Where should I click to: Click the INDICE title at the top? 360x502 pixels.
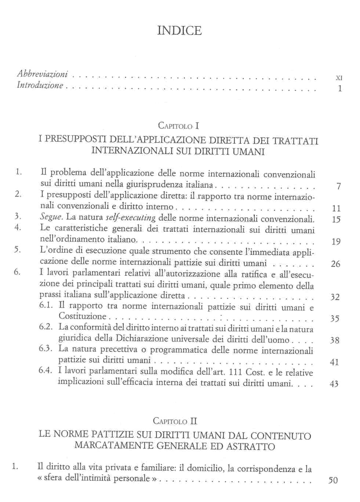(x=179, y=30)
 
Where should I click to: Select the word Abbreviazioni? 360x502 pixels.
(x=42, y=74)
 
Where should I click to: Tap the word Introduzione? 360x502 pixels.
(x=40, y=85)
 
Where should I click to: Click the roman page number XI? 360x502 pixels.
(x=339, y=78)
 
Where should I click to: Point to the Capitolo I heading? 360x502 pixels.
(x=178, y=126)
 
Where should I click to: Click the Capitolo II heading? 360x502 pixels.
(x=175, y=421)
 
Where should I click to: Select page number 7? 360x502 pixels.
(x=338, y=187)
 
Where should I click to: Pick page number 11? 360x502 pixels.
(x=336, y=209)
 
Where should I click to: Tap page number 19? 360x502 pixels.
(x=336, y=242)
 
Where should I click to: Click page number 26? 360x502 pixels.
(x=335, y=264)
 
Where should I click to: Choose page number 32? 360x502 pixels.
(x=335, y=297)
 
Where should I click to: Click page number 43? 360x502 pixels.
(x=334, y=384)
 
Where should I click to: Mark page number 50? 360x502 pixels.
(x=333, y=480)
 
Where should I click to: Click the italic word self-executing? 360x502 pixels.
(x=131, y=217)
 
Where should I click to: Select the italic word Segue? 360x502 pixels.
(x=51, y=217)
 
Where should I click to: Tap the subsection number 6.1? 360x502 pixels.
(x=46, y=305)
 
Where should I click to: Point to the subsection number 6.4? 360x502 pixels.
(x=46, y=370)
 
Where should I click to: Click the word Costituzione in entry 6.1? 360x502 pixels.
(x=82, y=316)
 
